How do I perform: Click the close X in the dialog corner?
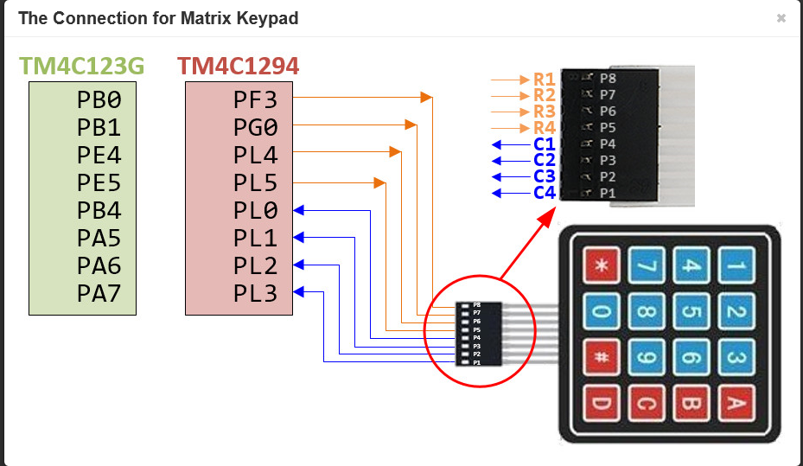[x=781, y=18]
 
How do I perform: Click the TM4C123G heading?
[x=81, y=66]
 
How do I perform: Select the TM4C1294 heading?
[x=239, y=66]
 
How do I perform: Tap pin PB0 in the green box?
[x=99, y=99]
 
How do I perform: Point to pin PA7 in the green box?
[x=99, y=294]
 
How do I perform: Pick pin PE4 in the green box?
[x=99, y=156]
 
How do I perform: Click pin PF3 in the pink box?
[x=256, y=99]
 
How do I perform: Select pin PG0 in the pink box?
[x=256, y=128]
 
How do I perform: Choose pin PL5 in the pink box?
[x=256, y=183]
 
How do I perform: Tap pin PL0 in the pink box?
[x=256, y=211]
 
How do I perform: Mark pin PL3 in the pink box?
[x=256, y=294]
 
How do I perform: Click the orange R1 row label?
[x=544, y=80]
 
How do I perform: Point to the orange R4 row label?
[x=544, y=128]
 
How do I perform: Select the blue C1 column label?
[x=544, y=144]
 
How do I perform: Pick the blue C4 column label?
[x=544, y=192]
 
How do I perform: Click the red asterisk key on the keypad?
[x=603, y=266]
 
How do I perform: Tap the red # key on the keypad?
[x=603, y=356]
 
